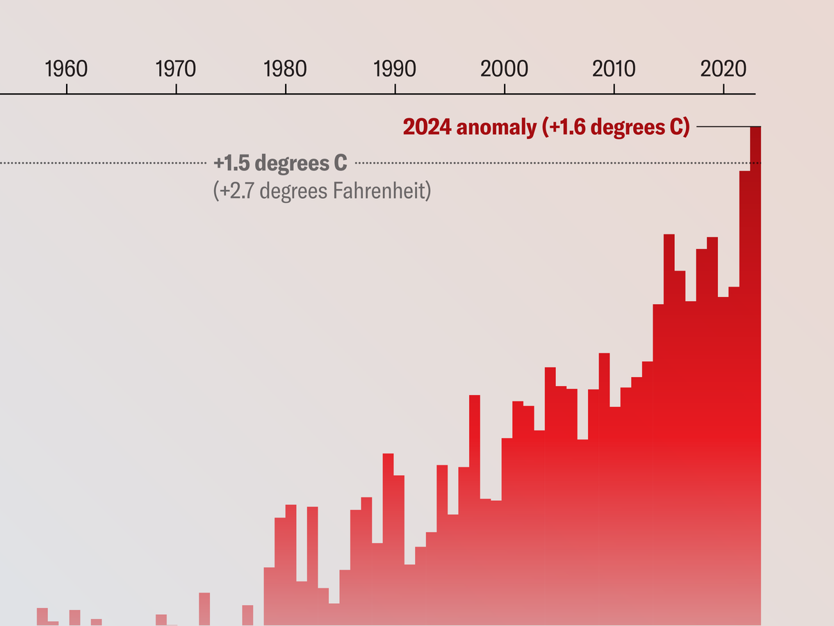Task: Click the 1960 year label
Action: pyautogui.click(x=66, y=70)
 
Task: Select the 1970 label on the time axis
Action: pyautogui.click(x=176, y=70)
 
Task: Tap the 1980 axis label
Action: pyautogui.click(x=285, y=70)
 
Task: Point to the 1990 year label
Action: pyautogui.click(x=395, y=70)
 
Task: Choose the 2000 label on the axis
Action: pyautogui.click(x=505, y=70)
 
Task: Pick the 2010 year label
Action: pyautogui.click(x=614, y=70)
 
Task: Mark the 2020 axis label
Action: pyautogui.click(x=723, y=70)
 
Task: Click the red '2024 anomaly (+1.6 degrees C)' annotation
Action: pyautogui.click(x=546, y=127)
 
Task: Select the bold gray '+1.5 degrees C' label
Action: pyautogui.click(x=280, y=163)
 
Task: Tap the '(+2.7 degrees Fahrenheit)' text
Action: pyautogui.click(x=322, y=191)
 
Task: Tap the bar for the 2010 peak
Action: pyautogui.click(x=604, y=487)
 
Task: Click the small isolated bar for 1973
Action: pyautogui.click(x=204, y=609)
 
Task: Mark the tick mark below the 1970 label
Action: pyautogui.click(x=177, y=89)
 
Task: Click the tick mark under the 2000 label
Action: pyautogui.click(x=505, y=89)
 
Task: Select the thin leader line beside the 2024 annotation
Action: pyautogui.click(x=723, y=127)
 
